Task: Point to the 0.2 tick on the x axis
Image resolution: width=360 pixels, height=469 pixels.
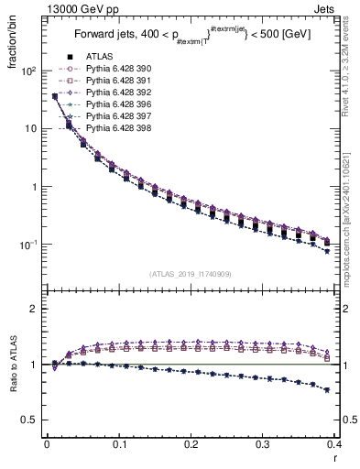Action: click(191, 448)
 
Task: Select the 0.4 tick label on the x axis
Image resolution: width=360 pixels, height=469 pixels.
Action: click(333, 448)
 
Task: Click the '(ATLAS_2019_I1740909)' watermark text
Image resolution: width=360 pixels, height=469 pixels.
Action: click(189, 274)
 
